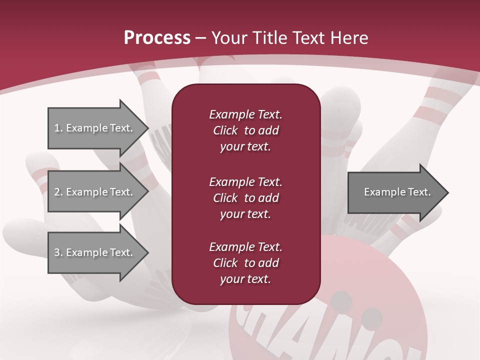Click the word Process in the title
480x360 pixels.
(157, 38)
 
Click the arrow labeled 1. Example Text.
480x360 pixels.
(95, 128)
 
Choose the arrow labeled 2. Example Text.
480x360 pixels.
(95, 192)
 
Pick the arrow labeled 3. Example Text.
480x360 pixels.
(95, 252)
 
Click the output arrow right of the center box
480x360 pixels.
(395, 192)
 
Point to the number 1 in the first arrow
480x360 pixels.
(57, 128)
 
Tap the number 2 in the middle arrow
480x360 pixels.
(57, 192)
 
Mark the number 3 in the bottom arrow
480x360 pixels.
(57, 252)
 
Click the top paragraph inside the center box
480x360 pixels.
(245, 130)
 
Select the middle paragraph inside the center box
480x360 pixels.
(245, 198)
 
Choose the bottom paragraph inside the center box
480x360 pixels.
(245, 263)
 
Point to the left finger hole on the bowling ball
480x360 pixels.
(342, 300)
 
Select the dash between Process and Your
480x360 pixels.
(201, 38)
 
